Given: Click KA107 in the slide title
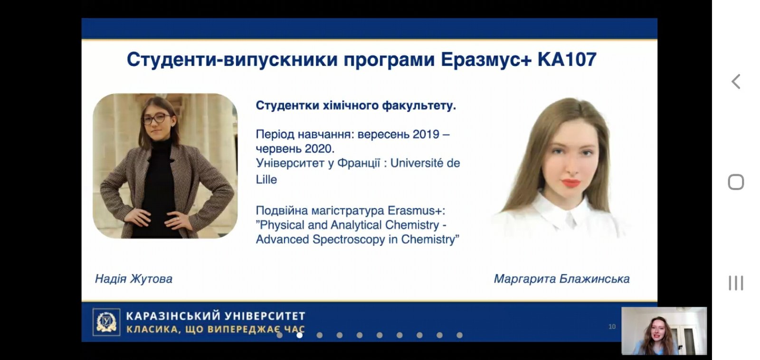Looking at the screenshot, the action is [567, 60].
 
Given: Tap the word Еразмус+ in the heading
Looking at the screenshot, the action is [486, 60].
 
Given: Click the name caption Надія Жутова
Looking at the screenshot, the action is [133, 279].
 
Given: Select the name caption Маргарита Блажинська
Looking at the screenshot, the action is [561, 279].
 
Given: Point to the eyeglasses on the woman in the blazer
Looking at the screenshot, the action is [157, 118].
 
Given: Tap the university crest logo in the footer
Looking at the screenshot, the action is [106, 322].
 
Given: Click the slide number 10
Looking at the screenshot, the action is [612, 327].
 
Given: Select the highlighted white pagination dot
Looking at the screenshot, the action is [300, 335].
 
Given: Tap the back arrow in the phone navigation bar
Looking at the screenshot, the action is [736, 82].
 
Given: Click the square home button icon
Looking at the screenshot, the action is [736, 182].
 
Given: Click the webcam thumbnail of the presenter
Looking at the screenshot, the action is [664, 331].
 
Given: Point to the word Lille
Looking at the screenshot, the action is [266, 180].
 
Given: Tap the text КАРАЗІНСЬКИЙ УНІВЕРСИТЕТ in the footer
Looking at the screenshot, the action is [216, 316].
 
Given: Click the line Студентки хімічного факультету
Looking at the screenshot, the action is [356, 106].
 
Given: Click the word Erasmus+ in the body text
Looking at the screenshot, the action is [416, 211].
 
